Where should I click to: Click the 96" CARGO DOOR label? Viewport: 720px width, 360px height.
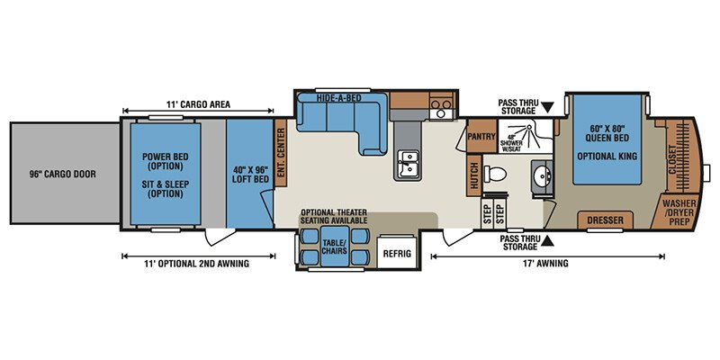(63, 175)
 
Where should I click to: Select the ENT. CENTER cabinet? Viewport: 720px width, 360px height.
(281, 153)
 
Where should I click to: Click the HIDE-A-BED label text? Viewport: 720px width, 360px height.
(339, 98)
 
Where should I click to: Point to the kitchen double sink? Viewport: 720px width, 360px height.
(407, 165)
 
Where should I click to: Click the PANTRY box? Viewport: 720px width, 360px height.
(481, 136)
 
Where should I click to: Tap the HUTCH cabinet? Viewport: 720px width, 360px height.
(474, 175)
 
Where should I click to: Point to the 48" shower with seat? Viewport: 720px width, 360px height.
(526, 133)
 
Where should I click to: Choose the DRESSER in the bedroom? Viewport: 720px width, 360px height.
(605, 220)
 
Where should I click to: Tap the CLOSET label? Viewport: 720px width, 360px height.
(673, 160)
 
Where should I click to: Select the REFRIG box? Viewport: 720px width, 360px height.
(398, 253)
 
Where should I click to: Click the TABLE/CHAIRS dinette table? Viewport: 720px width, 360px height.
(335, 246)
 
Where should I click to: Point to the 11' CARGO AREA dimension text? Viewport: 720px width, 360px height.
(198, 104)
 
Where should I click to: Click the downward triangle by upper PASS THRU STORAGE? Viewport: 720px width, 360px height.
(547, 107)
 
